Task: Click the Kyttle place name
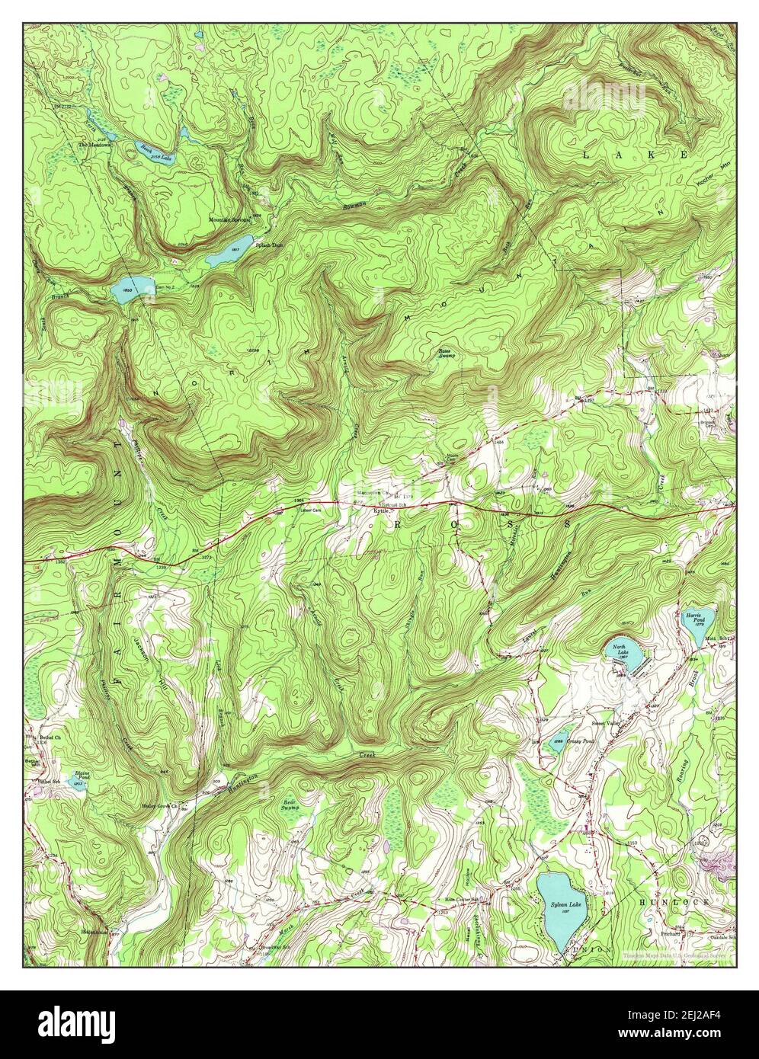coord(380,511)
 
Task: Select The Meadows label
coord(91,145)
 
